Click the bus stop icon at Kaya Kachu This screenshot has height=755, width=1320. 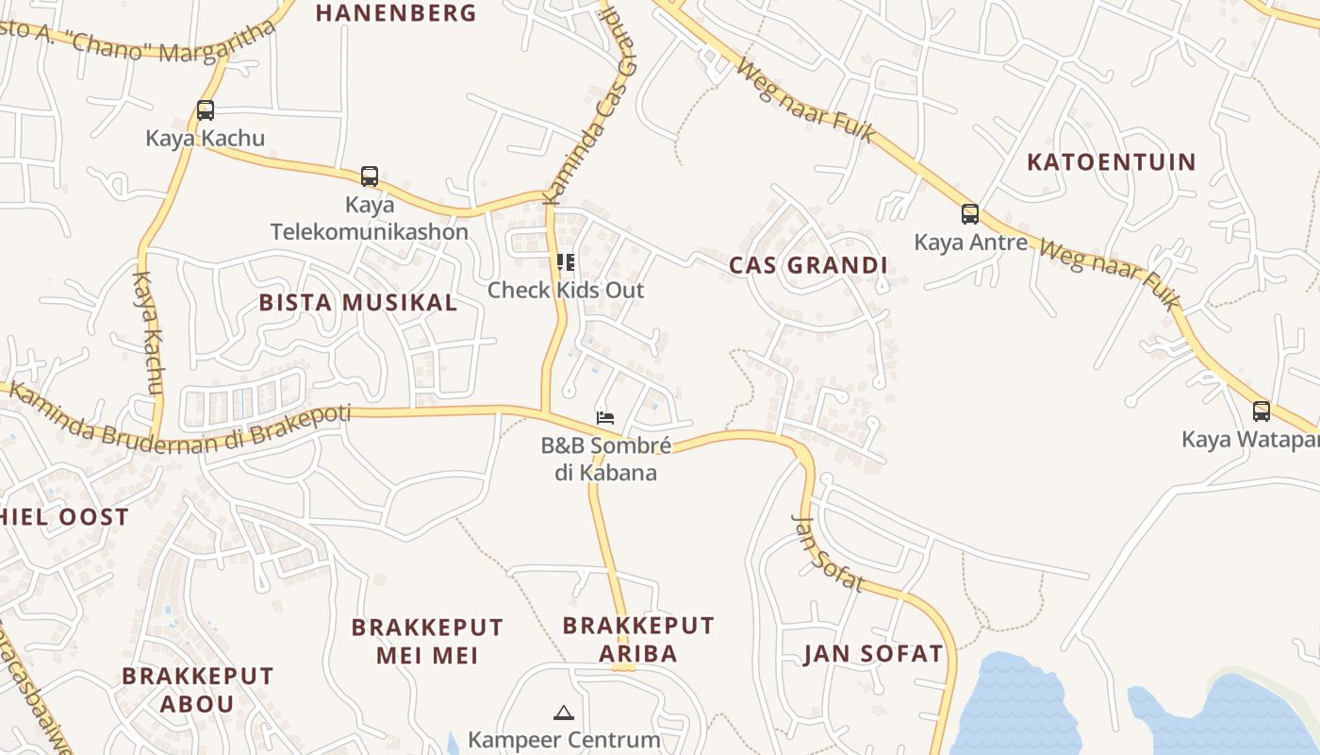[x=206, y=110]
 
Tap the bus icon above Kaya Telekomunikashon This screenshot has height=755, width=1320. [x=370, y=176]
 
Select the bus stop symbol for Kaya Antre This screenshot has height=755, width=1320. [x=970, y=214]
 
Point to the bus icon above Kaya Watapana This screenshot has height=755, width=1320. [x=1262, y=411]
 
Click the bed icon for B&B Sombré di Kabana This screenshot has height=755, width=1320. [x=605, y=417]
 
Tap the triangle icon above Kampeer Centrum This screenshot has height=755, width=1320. [x=564, y=713]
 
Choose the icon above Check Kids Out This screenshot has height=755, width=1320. [x=566, y=261]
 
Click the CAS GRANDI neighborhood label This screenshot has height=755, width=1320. [x=808, y=265]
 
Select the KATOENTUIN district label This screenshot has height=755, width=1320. [x=1111, y=161]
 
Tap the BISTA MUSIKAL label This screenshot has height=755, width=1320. [x=358, y=302]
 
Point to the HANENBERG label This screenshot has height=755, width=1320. [x=396, y=12]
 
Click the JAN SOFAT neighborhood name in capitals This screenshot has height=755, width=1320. [x=873, y=653]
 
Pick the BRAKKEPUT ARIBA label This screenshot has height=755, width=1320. [x=638, y=639]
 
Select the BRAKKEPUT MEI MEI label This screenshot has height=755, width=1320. [x=427, y=641]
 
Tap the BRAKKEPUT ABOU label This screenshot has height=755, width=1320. [x=197, y=689]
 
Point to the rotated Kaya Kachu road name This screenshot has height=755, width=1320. [x=149, y=332]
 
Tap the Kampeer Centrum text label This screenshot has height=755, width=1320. [x=564, y=739]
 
